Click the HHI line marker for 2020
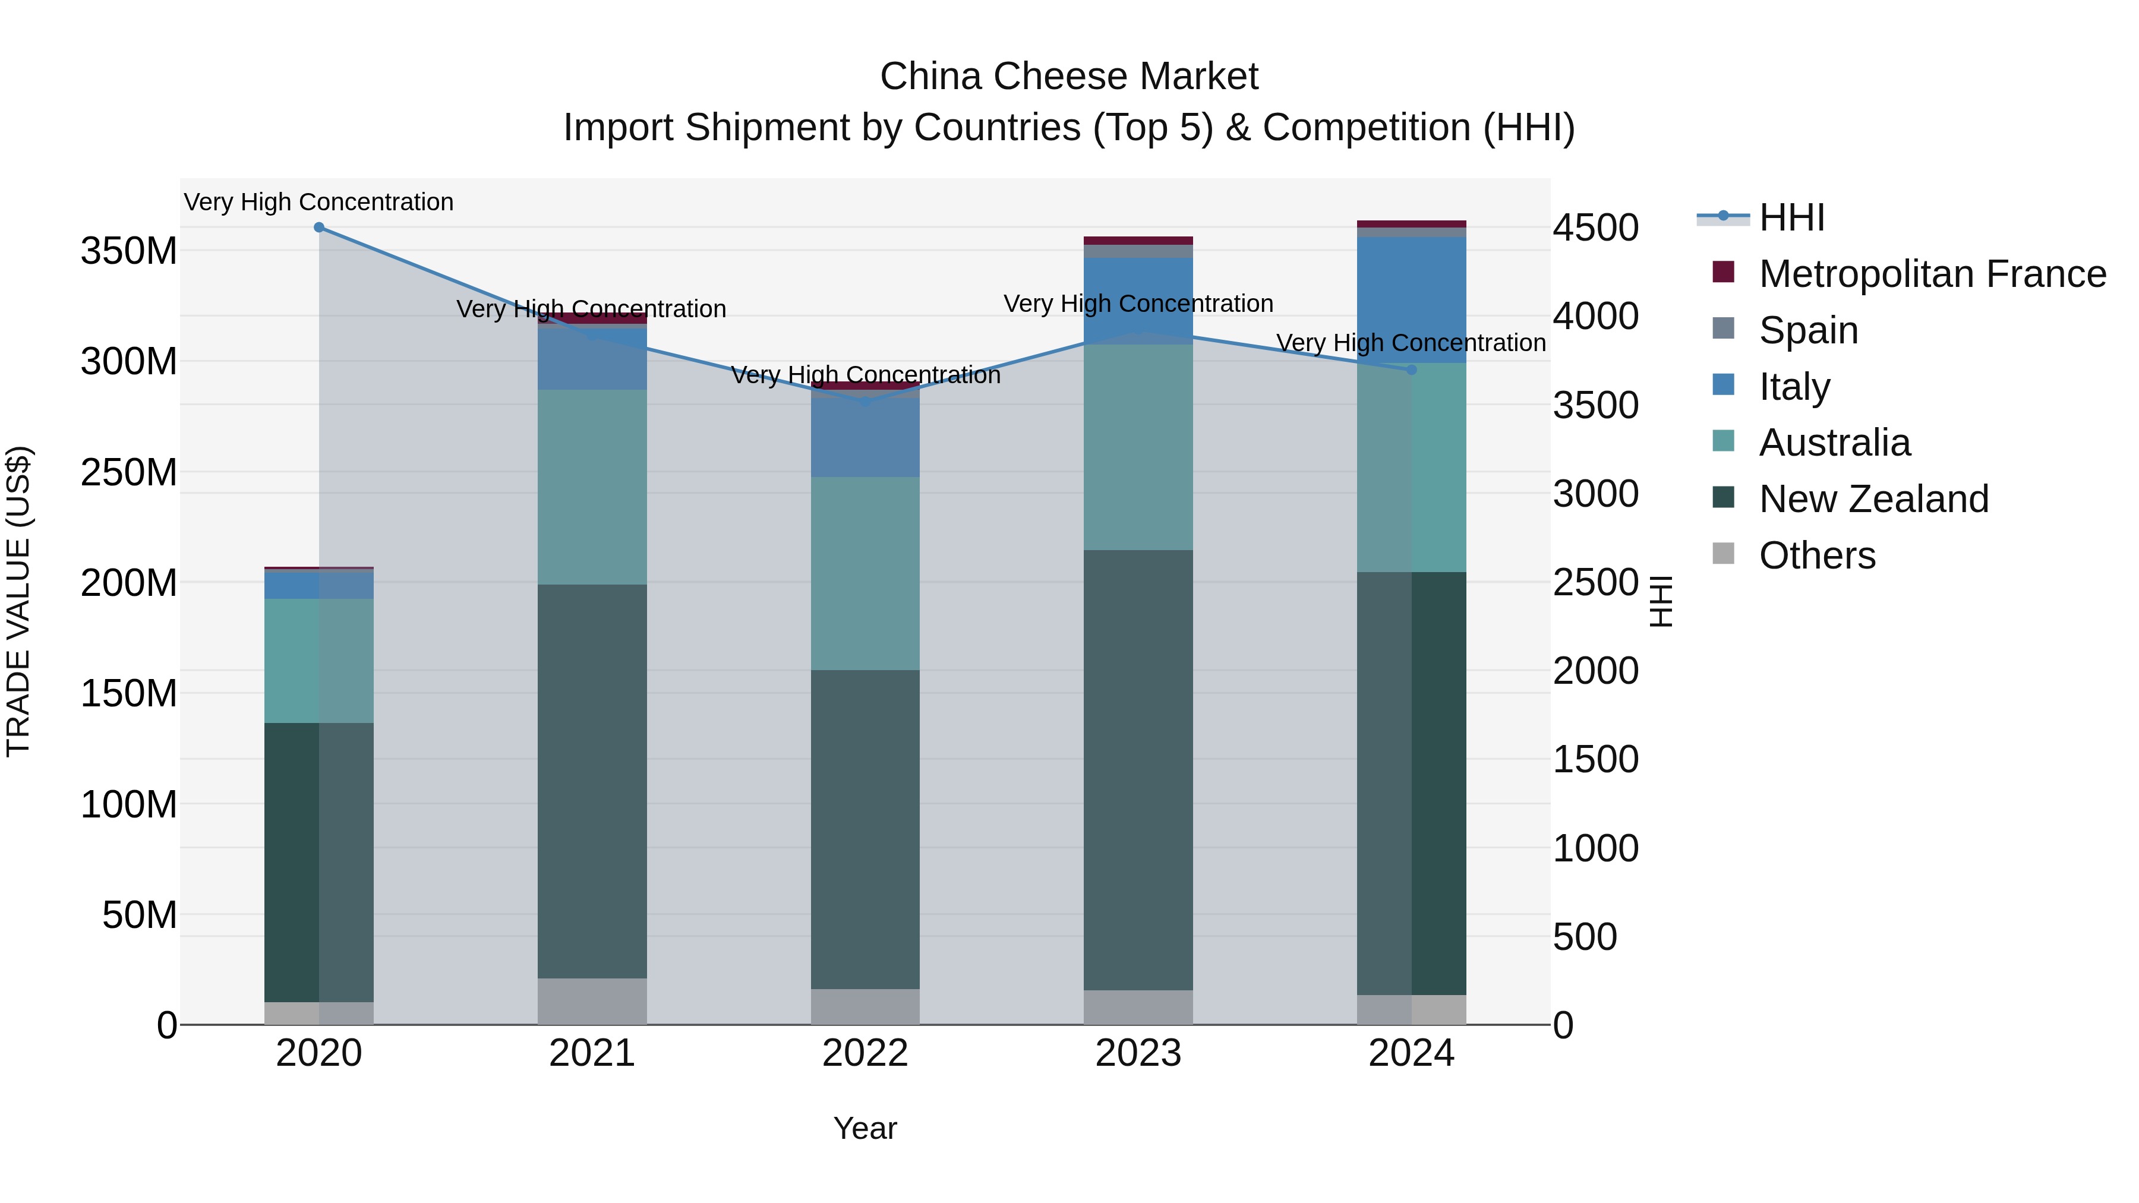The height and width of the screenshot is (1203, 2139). [x=319, y=228]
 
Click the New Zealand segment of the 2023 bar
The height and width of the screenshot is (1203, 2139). [x=1138, y=769]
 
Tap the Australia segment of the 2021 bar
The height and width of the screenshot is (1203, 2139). [x=592, y=487]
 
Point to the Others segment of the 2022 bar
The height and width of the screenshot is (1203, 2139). [x=865, y=1006]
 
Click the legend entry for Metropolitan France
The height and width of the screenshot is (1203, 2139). [x=1932, y=274]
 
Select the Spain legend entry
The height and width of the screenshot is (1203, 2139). [x=1807, y=330]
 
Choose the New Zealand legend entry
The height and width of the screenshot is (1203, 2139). [x=1873, y=499]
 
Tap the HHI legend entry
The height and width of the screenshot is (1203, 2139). [x=1791, y=217]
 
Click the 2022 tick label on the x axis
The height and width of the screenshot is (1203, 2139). [x=865, y=1053]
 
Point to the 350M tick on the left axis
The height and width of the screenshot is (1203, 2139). [x=129, y=251]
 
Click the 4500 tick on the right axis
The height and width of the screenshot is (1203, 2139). [x=1595, y=228]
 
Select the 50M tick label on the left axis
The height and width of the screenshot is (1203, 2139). [x=140, y=915]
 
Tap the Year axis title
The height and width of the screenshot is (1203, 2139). [x=865, y=1128]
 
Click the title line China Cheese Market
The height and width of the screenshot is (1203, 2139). [x=1069, y=77]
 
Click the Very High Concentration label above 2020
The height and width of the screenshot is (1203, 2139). [x=319, y=202]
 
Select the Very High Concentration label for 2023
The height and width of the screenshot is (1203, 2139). [x=1138, y=304]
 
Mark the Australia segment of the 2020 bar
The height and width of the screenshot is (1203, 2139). [x=319, y=661]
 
